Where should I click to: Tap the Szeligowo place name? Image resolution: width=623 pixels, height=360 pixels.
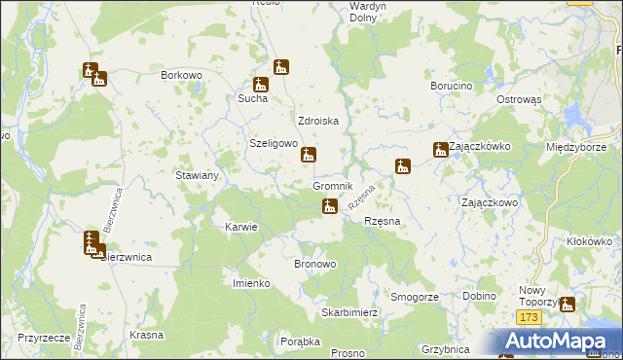(273, 143)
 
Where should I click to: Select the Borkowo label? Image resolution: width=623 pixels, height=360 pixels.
(180, 74)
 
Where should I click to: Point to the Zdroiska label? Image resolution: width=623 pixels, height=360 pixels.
(317, 122)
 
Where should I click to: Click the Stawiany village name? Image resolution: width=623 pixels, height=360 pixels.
(196, 175)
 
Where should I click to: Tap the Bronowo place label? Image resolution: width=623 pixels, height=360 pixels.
(314, 264)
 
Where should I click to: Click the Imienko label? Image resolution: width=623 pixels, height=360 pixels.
(250, 283)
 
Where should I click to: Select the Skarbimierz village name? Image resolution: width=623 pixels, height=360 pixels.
(349, 313)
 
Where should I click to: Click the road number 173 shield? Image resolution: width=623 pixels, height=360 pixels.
(529, 318)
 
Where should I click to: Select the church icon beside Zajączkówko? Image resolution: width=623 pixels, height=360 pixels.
(441, 150)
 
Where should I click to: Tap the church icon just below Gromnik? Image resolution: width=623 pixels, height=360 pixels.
(331, 205)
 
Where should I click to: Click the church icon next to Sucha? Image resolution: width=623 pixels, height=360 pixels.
(260, 85)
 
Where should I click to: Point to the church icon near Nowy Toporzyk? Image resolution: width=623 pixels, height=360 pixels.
(568, 306)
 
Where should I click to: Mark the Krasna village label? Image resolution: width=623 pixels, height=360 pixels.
(145, 334)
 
